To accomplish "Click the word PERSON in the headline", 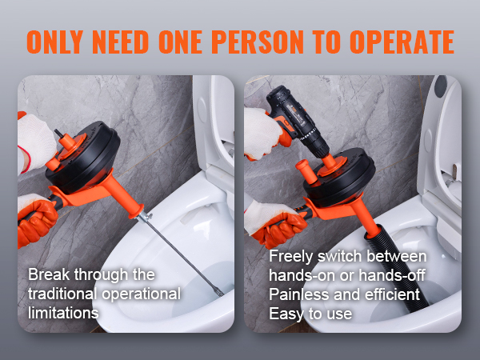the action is (258, 42).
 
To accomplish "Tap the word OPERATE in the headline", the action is (402, 42).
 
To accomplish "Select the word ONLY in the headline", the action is (54, 42).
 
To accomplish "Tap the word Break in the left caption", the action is (49, 274).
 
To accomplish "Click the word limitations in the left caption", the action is (63, 313).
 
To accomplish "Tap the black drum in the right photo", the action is (340, 178).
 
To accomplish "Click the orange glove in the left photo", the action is (37, 219).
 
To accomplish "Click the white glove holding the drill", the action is (263, 134).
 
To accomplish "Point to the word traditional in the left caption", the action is (62, 294).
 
